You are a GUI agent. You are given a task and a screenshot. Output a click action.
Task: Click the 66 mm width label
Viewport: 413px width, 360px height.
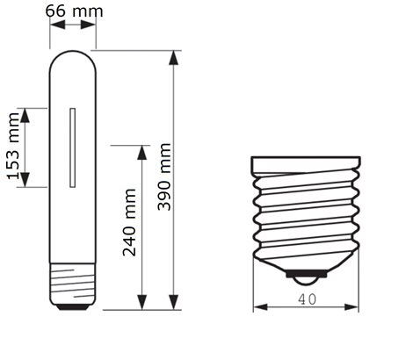coord(74,11)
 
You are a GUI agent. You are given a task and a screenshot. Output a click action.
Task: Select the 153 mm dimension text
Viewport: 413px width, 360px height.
coord(13,146)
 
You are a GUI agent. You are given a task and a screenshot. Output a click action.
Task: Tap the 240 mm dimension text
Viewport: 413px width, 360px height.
coord(129,223)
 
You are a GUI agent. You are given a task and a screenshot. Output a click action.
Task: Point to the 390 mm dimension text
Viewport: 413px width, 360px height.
coord(164,176)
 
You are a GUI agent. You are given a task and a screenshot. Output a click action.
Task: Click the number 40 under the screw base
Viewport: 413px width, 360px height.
coord(308,299)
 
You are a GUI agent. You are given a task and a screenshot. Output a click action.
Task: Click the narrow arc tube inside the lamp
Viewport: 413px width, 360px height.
coord(72,148)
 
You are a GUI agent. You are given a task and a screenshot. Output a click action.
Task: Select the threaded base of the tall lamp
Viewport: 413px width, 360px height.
coord(72,284)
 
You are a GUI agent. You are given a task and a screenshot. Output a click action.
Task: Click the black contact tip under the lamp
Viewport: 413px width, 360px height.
coord(73,307)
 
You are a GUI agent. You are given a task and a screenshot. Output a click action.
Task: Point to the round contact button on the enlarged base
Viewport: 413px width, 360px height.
coord(306,281)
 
